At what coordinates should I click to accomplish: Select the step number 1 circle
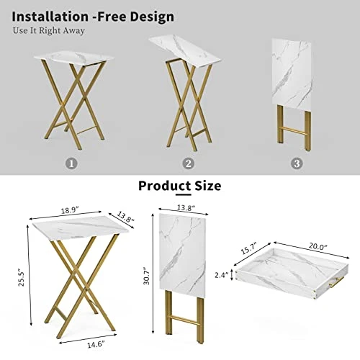click(x=70, y=163)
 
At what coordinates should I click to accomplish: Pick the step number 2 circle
click(x=189, y=163)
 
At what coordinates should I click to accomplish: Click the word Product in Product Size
click(x=163, y=186)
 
